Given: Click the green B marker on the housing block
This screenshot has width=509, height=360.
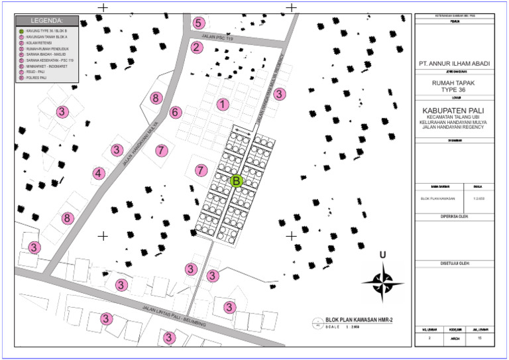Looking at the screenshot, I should click(x=237, y=180).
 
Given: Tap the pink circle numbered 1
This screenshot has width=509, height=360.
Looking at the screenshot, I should click(x=223, y=104).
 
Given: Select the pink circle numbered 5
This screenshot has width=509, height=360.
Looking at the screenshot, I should click(x=198, y=23).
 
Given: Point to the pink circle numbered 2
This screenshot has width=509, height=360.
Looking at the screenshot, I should click(x=196, y=47).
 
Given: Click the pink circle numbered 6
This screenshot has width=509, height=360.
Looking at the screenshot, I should click(x=175, y=112).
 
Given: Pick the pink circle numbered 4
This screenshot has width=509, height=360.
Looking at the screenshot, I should click(x=98, y=174).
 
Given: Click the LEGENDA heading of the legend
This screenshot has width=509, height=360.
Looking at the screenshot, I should click(x=46, y=21).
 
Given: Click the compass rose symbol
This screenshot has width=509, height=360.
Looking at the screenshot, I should click(x=382, y=280).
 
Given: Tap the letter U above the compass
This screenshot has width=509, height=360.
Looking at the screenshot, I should click(x=382, y=255).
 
